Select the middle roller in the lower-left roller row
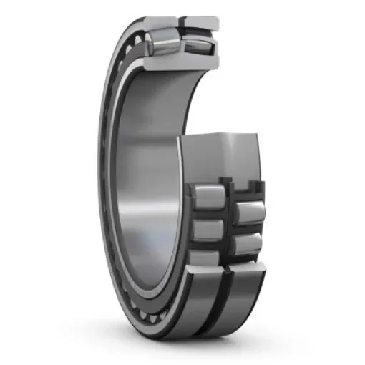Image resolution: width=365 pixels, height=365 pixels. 208,229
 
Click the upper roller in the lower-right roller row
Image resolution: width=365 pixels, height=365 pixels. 247,210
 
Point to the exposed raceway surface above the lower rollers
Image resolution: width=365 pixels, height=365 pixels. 222,157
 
